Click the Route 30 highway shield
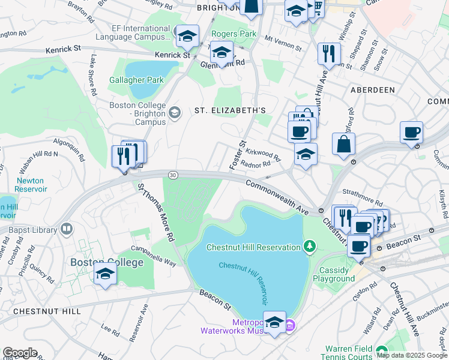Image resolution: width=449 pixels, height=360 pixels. [173, 175]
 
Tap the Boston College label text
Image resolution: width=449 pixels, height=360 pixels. [107, 262]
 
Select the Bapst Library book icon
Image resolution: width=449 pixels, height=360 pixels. [67, 229]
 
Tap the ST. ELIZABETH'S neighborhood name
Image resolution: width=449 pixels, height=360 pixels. [230, 110]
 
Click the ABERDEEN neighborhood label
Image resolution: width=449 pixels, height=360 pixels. [373, 89]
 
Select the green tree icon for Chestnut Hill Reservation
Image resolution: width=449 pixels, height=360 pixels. [309, 247]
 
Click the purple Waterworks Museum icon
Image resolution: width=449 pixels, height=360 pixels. [290, 326]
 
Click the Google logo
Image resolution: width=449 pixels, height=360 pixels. [20, 353]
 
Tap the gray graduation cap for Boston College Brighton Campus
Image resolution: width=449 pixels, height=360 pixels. [175, 112]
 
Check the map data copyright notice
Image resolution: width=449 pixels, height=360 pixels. [412, 355]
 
